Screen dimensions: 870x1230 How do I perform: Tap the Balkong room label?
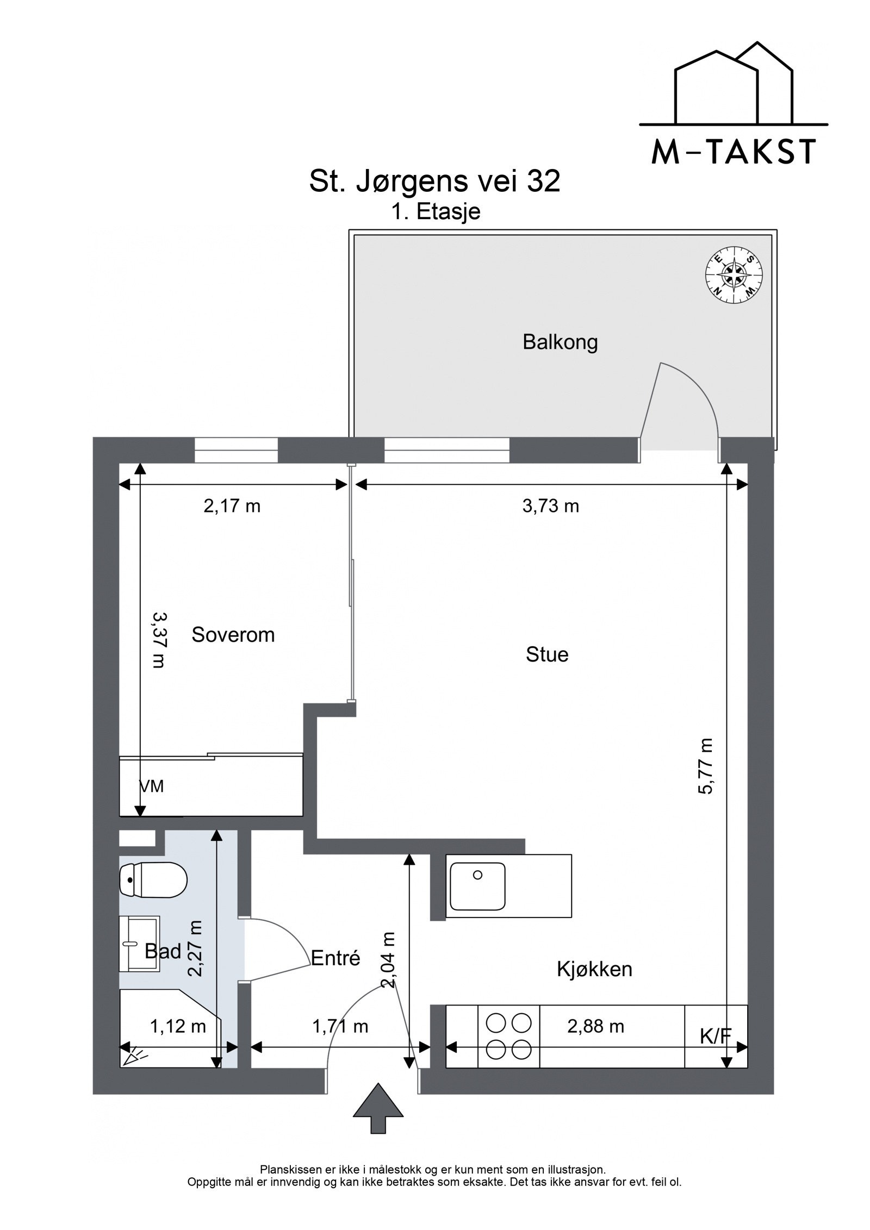coord(560,342)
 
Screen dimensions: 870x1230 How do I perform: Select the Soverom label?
coord(233,635)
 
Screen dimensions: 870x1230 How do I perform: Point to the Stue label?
coord(547,654)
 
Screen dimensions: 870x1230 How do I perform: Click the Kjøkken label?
coord(594,969)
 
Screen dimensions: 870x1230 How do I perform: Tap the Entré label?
coord(335,958)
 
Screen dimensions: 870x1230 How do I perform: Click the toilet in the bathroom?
coord(153,879)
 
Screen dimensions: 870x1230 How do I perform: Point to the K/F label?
coord(716,1037)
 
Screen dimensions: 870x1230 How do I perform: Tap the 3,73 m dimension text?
coord(551,506)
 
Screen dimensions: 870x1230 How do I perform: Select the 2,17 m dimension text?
coord(232,506)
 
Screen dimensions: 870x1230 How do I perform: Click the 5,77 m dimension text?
coord(705,766)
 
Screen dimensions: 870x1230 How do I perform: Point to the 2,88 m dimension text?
coord(596,1026)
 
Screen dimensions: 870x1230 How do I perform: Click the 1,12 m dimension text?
coord(178,1026)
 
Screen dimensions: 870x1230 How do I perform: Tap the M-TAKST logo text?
coord(734,152)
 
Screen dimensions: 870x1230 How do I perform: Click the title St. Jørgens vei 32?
coord(434,182)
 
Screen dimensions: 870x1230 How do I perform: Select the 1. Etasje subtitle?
coord(437,211)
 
